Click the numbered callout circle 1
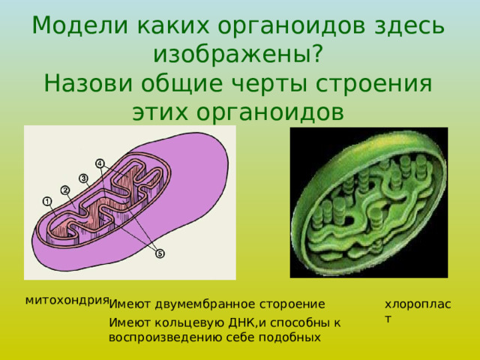[46, 201]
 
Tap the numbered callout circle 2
[65, 189]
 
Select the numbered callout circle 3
[83, 177]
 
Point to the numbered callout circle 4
[100, 163]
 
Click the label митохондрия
[67, 300]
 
